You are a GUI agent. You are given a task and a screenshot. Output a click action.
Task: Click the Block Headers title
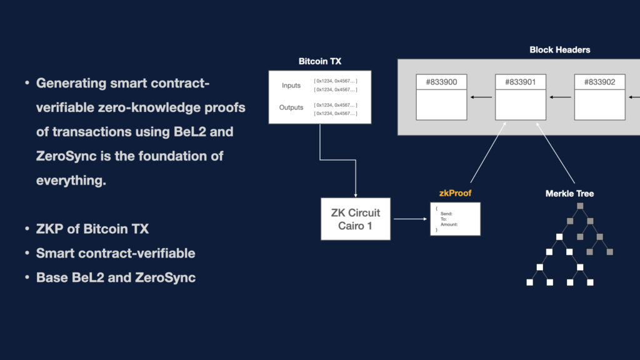pos(559,49)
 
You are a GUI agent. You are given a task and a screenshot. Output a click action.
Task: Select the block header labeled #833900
pos(441,82)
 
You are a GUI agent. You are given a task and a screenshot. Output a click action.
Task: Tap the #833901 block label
pos(520,82)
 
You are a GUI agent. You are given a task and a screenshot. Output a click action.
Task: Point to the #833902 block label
pos(599,82)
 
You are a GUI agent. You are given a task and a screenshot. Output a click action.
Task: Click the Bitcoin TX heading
pos(320,61)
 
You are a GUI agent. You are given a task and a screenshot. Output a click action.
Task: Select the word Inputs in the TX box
pos(291,85)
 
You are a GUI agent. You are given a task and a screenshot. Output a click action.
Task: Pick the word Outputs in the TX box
pos(291,107)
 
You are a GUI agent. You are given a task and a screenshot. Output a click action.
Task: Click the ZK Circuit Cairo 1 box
pos(355,219)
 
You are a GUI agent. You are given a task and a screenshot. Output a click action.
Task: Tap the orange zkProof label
pos(455,193)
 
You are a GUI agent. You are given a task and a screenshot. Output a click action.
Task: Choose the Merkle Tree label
pos(569,193)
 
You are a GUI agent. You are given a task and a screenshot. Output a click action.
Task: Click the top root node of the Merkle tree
pos(579,206)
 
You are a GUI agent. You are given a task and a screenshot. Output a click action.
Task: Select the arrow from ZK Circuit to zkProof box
pos(410,219)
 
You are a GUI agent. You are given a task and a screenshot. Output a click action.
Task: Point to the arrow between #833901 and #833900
pos(481,97)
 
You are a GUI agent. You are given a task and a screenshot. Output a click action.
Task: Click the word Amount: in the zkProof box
pos(449,225)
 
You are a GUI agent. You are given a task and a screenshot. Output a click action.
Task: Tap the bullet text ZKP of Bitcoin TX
pos(92,229)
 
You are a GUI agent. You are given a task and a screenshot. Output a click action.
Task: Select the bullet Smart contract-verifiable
pos(116,253)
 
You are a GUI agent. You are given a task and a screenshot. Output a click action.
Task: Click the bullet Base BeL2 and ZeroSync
pos(116,277)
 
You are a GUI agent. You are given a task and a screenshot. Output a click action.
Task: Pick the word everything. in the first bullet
pos(71,180)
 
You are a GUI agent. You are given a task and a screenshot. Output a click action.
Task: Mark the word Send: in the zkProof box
pos(446,214)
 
